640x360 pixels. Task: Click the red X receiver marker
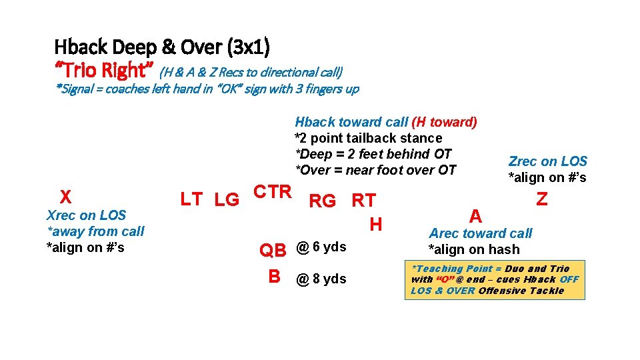(65, 197)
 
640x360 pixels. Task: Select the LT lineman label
(192, 199)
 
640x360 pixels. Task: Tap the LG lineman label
(227, 199)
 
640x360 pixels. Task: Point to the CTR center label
(273, 192)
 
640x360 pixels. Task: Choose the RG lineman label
(323, 201)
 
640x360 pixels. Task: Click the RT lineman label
(364, 201)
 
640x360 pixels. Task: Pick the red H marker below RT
(376, 225)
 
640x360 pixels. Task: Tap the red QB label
(273, 250)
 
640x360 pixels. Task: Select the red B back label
(274, 277)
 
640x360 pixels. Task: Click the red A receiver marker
(475, 215)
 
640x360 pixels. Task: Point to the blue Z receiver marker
(542, 199)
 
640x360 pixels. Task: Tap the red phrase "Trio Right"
(104, 70)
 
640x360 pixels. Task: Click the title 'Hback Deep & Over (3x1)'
(162, 47)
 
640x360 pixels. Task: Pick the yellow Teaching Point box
(495, 279)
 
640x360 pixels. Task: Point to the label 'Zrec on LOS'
(547, 161)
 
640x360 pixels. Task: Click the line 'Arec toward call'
(480, 233)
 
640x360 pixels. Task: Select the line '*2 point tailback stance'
(368, 138)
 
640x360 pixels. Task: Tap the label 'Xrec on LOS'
(86, 215)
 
